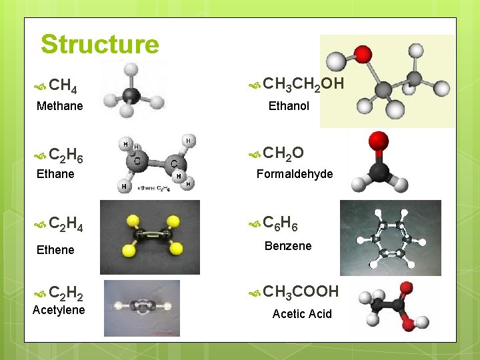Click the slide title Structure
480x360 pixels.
(x=100, y=45)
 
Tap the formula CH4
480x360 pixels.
(x=63, y=86)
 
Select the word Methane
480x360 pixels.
(x=60, y=105)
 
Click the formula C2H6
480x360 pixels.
(x=66, y=157)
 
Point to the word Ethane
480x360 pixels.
(x=55, y=174)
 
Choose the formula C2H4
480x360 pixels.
(x=66, y=223)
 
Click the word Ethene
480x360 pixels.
(x=55, y=249)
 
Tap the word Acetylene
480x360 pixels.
(x=59, y=310)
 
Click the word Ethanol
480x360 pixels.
(x=289, y=105)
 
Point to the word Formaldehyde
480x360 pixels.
(x=295, y=174)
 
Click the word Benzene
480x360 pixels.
(x=288, y=246)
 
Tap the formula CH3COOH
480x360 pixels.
(x=301, y=291)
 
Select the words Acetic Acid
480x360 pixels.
(x=302, y=314)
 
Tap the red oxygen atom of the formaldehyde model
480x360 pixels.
(x=379, y=141)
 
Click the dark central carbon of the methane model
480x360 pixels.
(x=131, y=95)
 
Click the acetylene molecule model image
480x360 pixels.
(x=141, y=307)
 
